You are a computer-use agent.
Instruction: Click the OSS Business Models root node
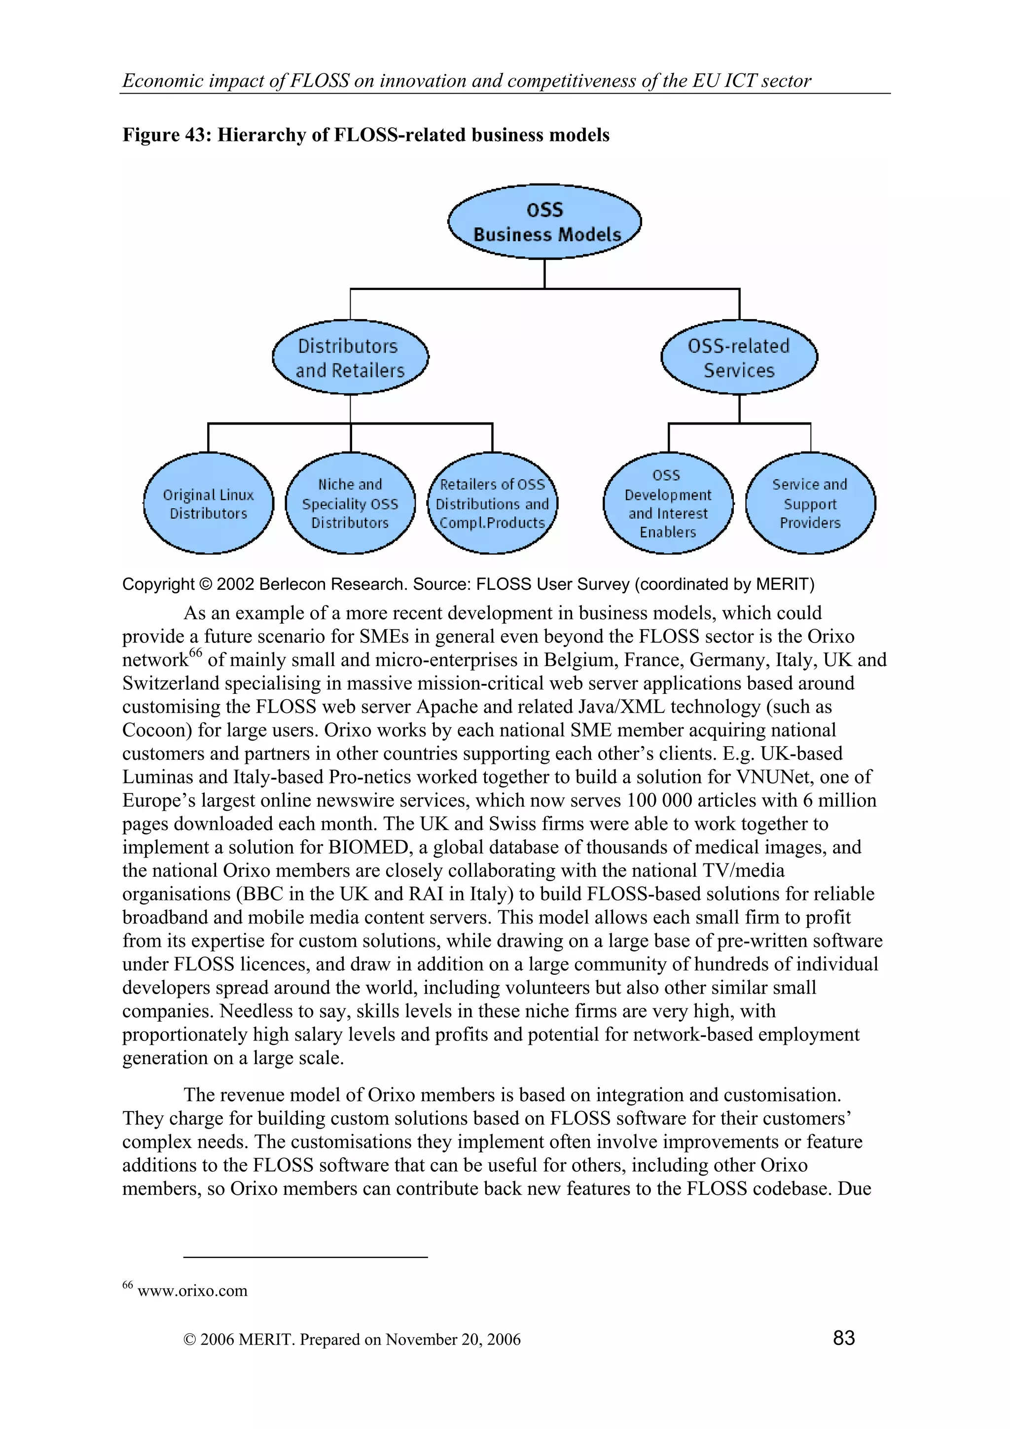544,221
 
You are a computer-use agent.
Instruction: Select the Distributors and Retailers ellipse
350,357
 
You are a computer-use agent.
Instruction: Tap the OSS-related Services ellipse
739,357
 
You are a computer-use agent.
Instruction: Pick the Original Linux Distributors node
209,503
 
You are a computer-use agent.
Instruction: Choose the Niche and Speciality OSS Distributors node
350,503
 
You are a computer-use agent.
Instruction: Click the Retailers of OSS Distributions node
492,503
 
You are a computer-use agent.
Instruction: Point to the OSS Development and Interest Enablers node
668,503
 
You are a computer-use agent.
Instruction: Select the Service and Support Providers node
810,503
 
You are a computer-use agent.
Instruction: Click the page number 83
844,1337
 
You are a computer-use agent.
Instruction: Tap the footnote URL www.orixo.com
192,1290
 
